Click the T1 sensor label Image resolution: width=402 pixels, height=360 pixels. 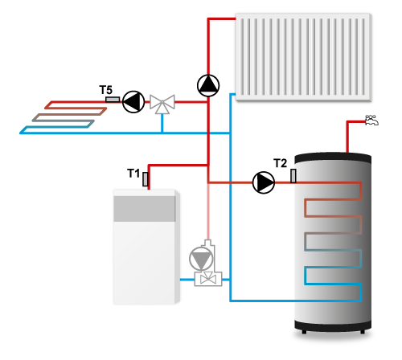tap(133, 174)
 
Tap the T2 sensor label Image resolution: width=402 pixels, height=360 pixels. tap(280, 163)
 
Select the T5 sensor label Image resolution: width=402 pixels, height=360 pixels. tap(105, 90)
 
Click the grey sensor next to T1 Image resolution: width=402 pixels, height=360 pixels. tap(146, 179)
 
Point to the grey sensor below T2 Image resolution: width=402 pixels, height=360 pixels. tap(293, 176)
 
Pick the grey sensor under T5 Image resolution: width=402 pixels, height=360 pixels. tap(113, 100)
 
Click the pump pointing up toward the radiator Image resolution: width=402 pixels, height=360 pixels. tap(208, 85)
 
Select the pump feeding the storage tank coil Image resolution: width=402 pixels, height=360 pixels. tap(264, 182)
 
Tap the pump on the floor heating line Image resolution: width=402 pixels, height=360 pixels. tap(133, 102)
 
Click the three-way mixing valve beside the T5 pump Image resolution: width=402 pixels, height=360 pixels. tap(162, 104)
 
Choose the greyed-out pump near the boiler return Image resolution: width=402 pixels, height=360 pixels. tap(201, 259)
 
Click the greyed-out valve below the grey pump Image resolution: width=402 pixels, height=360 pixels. tap(208, 279)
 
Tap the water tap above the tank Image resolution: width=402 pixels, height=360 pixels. tap(371, 120)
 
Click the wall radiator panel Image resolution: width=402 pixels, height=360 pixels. tap(303, 57)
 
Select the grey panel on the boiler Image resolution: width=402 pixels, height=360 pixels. tap(145, 209)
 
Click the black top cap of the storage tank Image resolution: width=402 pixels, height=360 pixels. tap(333, 158)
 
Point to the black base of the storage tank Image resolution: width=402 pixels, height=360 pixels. tap(333, 326)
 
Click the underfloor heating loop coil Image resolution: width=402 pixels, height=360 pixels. tap(64, 117)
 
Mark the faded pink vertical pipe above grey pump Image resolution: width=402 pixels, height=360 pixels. tap(208, 211)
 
